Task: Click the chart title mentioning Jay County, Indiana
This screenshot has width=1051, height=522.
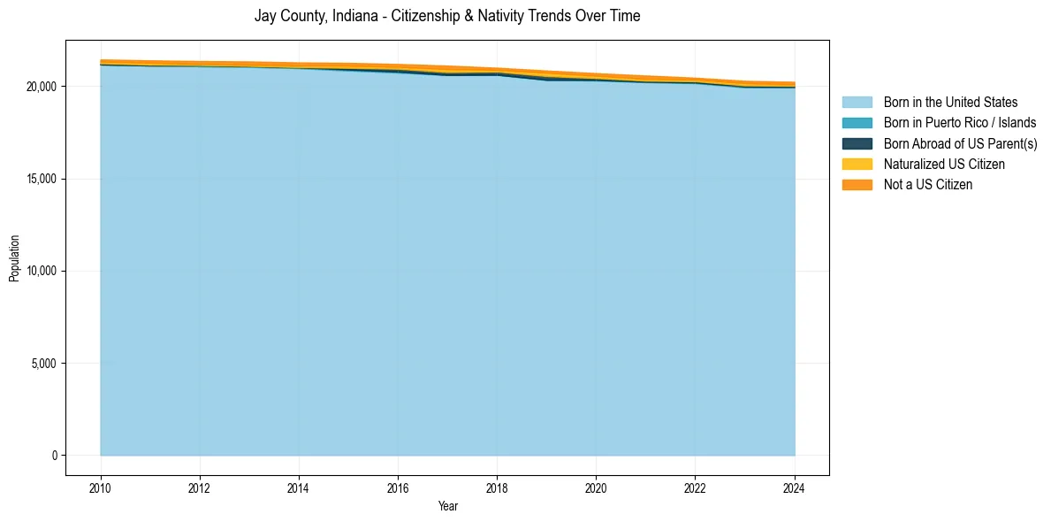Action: tap(447, 16)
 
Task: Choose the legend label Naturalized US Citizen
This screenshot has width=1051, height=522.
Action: tap(944, 165)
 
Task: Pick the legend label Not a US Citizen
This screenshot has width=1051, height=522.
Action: tap(927, 185)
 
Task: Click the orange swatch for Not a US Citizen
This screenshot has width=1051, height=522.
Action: tap(857, 185)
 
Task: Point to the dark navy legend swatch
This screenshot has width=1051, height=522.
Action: tap(857, 143)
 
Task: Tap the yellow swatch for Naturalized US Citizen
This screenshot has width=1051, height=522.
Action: tap(857, 165)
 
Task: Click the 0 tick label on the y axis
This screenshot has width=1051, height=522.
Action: tap(54, 456)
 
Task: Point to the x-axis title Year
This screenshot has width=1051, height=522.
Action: tap(447, 506)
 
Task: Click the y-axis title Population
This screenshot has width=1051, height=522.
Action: tap(14, 258)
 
